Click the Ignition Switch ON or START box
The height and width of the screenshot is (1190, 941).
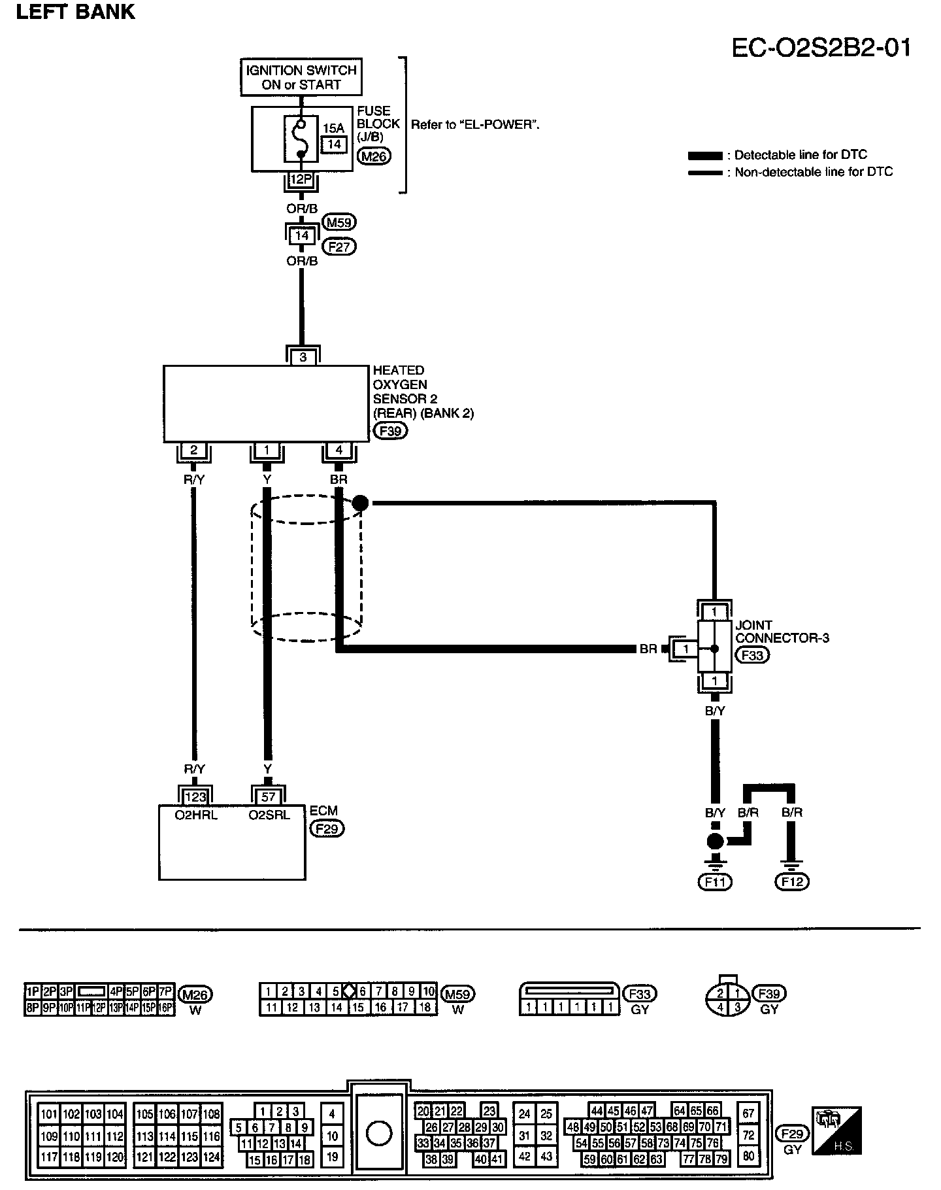(x=301, y=77)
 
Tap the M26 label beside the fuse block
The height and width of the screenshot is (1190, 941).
(x=374, y=156)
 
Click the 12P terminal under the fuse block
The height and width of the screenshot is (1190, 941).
(x=301, y=178)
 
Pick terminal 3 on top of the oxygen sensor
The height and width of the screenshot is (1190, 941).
(x=303, y=357)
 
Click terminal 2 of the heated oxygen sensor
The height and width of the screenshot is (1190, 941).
(x=193, y=450)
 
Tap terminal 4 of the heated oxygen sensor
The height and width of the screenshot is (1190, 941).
(x=338, y=450)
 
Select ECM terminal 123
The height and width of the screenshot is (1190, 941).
(x=195, y=796)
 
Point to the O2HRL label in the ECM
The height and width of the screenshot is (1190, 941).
(x=195, y=815)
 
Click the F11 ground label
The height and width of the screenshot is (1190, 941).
(x=715, y=882)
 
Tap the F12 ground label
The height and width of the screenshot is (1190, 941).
(x=791, y=882)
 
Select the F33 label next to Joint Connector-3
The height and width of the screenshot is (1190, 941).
(x=752, y=655)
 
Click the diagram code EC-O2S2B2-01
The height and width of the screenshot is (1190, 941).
(x=821, y=48)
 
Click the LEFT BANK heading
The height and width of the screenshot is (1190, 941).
(x=75, y=12)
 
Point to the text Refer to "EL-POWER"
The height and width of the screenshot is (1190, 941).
(x=475, y=124)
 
